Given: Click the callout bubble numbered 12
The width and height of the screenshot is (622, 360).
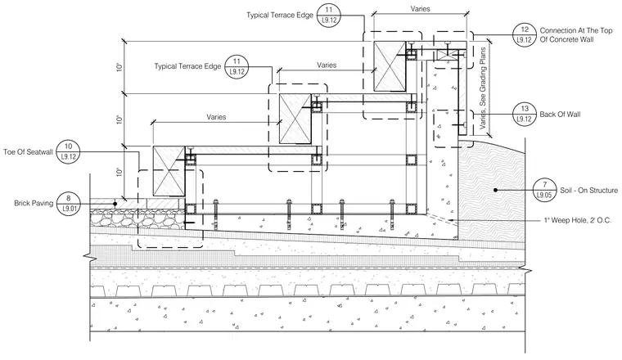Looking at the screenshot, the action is point(525,35).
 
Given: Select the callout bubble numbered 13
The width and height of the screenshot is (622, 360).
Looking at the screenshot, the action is point(525,115).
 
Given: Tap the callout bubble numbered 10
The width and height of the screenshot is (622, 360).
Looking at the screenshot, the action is point(68,152).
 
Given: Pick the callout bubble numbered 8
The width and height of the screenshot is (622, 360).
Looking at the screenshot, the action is point(68,204).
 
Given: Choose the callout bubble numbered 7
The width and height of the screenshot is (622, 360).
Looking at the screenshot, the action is point(544,190).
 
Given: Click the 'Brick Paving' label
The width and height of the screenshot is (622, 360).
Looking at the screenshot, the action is point(34,204).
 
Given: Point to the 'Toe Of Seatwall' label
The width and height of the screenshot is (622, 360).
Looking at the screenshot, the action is point(28,152).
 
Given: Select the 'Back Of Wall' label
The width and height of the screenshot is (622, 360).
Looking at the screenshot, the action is point(560,115).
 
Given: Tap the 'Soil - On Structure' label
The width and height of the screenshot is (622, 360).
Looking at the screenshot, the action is point(588,191).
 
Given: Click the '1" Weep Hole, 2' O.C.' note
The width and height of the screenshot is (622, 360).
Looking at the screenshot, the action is point(577,220).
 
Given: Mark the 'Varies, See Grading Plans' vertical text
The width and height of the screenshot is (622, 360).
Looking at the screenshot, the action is point(483,88).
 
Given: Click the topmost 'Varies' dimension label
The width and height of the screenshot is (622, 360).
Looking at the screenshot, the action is point(420,9).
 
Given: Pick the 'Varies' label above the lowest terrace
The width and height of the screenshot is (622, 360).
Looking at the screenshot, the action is point(216,117).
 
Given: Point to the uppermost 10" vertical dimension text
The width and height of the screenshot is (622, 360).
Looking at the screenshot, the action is point(119,67).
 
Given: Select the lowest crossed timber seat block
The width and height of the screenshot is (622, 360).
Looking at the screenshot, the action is point(169,171).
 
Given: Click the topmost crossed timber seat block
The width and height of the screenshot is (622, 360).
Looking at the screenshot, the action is point(390,65).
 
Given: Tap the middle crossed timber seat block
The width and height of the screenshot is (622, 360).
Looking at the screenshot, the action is point(295,119).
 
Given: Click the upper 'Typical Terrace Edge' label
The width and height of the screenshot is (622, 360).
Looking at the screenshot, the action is point(280,15).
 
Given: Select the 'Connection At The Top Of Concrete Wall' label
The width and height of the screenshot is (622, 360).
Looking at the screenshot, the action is point(576,35).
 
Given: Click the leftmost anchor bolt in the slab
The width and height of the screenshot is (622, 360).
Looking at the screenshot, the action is point(216,214).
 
